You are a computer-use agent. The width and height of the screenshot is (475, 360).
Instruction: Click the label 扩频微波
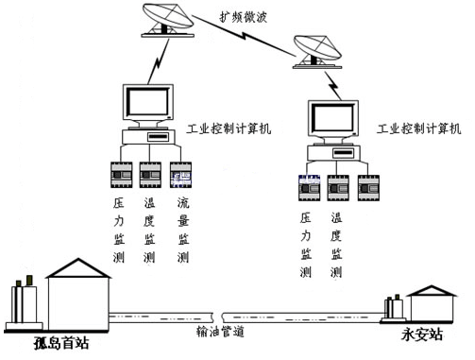tap(243, 17)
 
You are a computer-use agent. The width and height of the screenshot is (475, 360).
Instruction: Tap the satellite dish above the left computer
tap(167, 20)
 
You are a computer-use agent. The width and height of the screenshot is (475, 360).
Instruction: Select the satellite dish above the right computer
tap(317, 52)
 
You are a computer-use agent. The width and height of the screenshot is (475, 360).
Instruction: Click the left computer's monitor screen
tap(147, 101)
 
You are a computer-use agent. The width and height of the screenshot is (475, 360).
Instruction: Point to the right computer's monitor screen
tap(333, 117)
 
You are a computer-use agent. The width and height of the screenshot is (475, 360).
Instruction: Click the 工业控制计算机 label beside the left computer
tap(229, 129)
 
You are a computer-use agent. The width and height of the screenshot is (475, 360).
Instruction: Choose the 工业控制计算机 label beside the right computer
tap(419, 129)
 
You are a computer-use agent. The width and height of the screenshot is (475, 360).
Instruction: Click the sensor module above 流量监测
tap(180, 175)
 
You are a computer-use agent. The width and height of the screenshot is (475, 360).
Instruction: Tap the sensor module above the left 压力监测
tap(121, 175)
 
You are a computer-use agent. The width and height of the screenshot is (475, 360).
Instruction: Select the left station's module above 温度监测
tap(150, 175)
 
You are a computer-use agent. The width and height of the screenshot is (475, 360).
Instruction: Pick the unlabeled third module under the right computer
tap(368, 188)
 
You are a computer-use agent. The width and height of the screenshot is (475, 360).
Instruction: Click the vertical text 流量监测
tap(183, 231)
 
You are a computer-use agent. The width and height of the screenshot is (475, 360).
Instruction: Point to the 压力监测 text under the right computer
tap(306, 245)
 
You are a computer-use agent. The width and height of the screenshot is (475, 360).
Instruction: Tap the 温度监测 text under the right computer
tap(336, 245)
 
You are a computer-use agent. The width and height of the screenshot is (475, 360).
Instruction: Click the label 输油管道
tap(220, 332)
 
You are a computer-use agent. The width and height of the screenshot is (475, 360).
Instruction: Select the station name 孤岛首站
tap(61, 343)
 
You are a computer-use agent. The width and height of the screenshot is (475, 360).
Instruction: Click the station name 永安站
tap(422, 334)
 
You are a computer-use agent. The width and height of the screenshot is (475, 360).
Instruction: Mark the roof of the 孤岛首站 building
tap(78, 268)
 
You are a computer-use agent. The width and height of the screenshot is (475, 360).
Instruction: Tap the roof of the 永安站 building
tap(432, 291)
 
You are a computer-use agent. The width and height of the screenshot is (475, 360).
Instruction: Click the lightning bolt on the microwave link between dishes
tap(244, 34)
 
